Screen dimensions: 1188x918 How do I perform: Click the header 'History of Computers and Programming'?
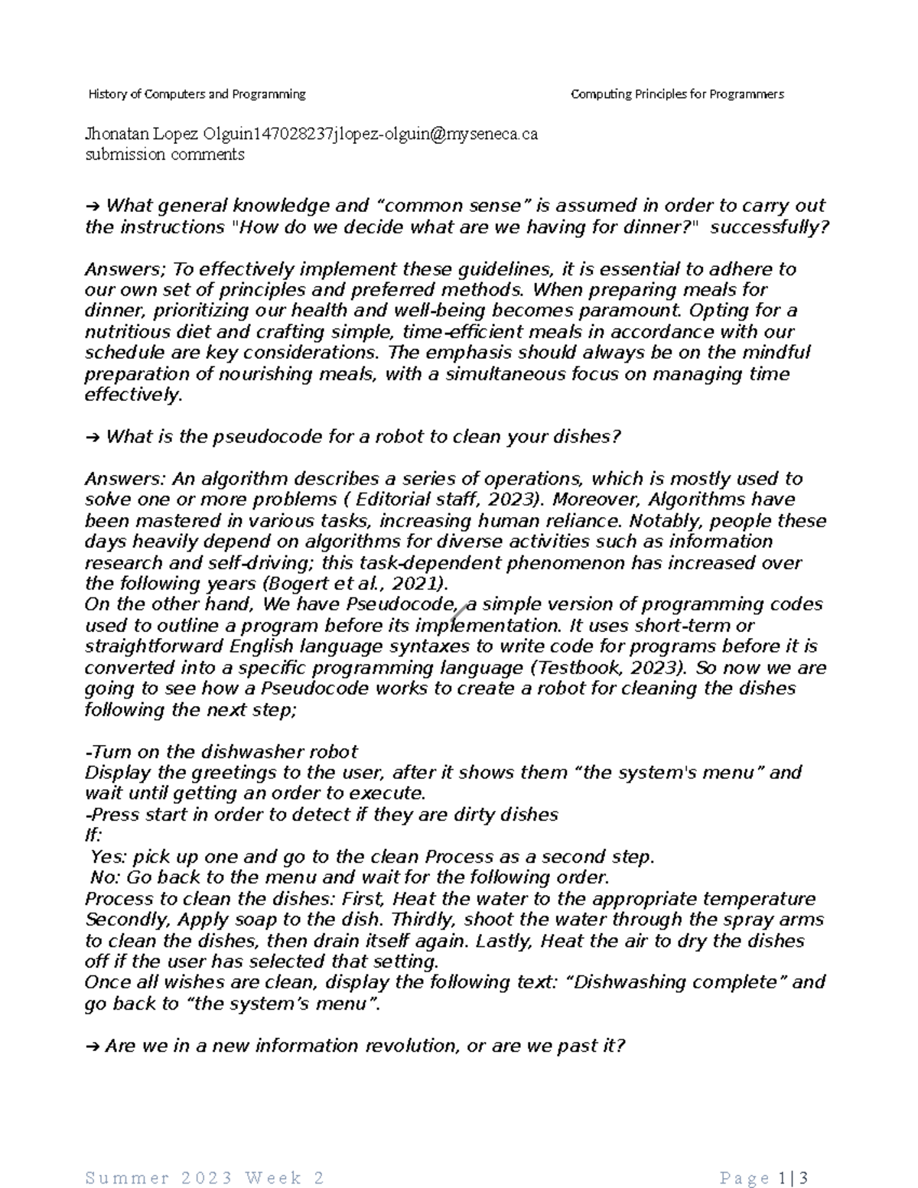(x=197, y=94)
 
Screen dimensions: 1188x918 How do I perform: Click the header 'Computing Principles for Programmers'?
(x=677, y=94)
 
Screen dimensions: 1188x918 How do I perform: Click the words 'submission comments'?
(x=164, y=155)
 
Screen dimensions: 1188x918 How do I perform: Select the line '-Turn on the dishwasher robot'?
(x=221, y=752)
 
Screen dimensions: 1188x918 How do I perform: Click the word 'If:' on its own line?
(x=93, y=835)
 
